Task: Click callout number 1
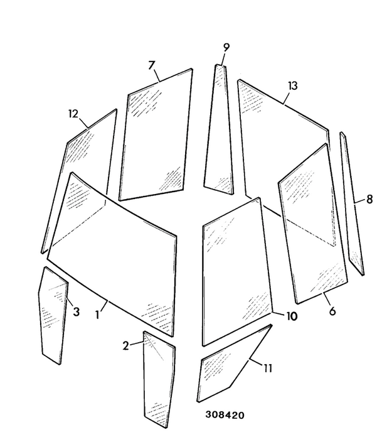pyautogui.click(x=97, y=315)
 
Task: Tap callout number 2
pyautogui.click(x=125, y=346)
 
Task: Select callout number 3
pyautogui.click(x=77, y=312)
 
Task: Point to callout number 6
pyautogui.click(x=332, y=311)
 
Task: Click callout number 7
pyautogui.click(x=152, y=65)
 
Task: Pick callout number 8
pyautogui.click(x=369, y=199)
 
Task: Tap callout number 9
pyautogui.click(x=226, y=47)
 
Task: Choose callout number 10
pyautogui.click(x=292, y=316)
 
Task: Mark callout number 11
pyautogui.click(x=268, y=368)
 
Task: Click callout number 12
pyautogui.click(x=73, y=114)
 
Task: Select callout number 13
pyautogui.click(x=293, y=86)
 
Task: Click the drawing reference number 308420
pyautogui.click(x=225, y=415)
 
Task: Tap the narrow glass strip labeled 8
pyautogui.click(x=353, y=204)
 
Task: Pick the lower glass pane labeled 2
pyautogui.click(x=159, y=381)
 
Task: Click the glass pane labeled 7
pyautogui.click(x=156, y=135)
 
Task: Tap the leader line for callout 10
pyautogui.click(x=279, y=313)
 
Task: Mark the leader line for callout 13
pyautogui.click(x=287, y=98)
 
